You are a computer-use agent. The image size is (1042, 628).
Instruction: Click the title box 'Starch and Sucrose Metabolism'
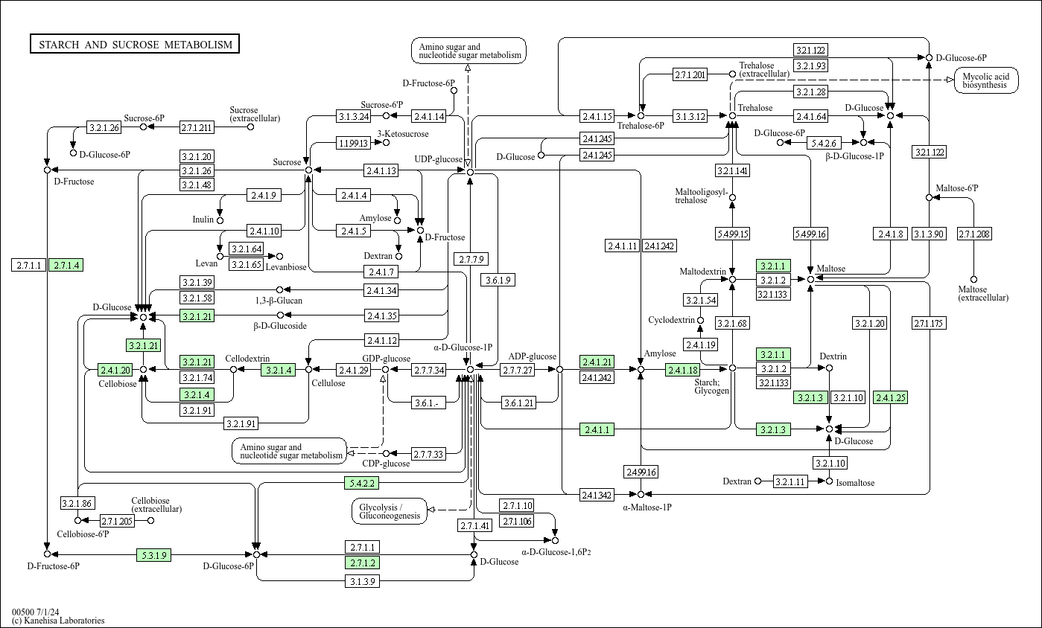(x=135, y=45)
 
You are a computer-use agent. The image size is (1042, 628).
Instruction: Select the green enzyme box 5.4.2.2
(x=362, y=483)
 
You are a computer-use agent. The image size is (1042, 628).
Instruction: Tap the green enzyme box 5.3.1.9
(x=154, y=554)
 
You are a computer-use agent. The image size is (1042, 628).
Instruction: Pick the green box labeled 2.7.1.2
(x=362, y=563)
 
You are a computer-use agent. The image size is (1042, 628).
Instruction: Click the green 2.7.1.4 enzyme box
(x=66, y=265)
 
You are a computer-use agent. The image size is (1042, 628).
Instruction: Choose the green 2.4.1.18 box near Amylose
(x=682, y=370)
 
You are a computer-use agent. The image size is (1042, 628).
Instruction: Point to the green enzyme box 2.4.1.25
(x=890, y=398)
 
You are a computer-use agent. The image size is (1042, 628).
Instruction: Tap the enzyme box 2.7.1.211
(x=197, y=127)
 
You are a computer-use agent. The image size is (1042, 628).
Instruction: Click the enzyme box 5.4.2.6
(x=825, y=142)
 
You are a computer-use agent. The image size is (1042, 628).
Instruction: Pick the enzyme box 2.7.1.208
(x=973, y=234)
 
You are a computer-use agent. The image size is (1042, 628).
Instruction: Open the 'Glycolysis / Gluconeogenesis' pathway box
(x=390, y=511)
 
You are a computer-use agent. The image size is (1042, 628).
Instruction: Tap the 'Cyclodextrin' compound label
(x=671, y=320)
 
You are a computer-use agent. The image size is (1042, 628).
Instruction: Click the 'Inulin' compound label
(x=203, y=220)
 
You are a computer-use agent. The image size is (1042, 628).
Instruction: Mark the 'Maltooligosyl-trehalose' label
(x=701, y=196)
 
